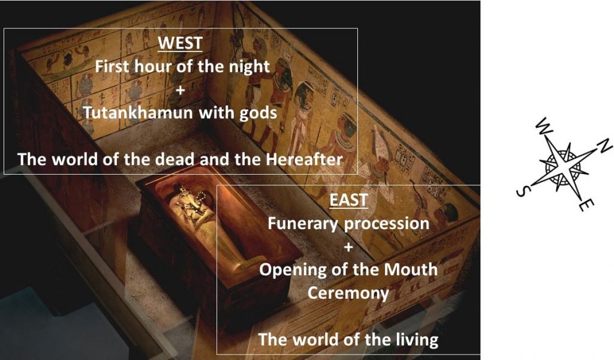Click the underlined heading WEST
(x=180, y=43)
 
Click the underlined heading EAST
(x=348, y=200)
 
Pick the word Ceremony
(x=348, y=293)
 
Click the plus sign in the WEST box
(x=180, y=89)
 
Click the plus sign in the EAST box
(x=348, y=246)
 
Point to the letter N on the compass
(x=604, y=145)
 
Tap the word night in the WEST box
(x=247, y=66)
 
